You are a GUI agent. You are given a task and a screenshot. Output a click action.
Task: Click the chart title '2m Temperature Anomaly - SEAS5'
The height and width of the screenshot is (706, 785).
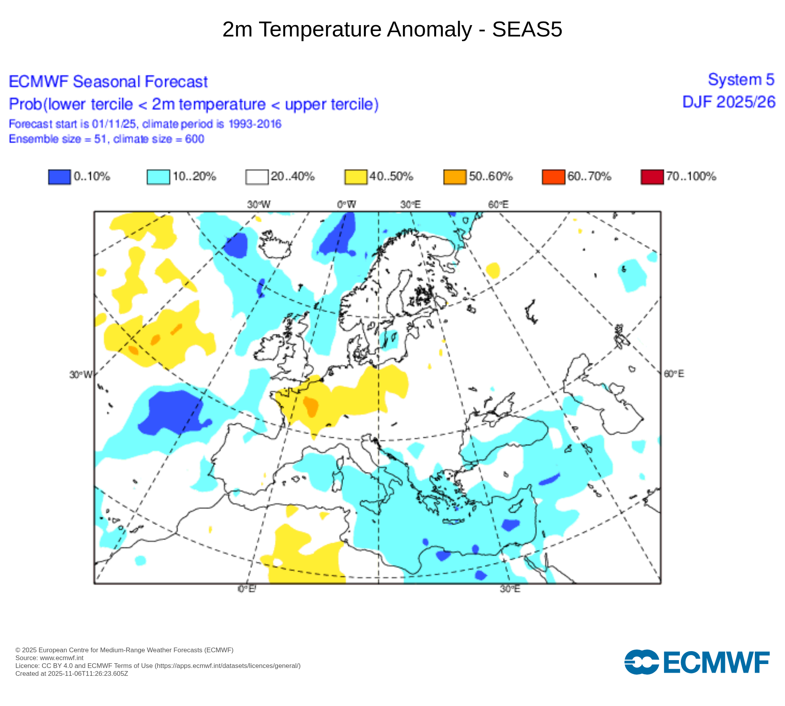(392, 29)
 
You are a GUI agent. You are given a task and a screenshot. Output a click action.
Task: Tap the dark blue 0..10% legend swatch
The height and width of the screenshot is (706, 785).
(59, 176)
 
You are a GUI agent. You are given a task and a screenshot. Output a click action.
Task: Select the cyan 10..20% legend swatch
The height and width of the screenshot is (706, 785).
(158, 176)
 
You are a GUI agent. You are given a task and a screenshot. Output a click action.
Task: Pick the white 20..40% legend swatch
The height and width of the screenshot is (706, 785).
(257, 176)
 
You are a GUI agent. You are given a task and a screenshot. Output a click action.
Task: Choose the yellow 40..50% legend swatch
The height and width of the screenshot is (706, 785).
(356, 176)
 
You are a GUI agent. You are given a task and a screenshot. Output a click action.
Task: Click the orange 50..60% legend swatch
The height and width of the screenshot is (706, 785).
(455, 176)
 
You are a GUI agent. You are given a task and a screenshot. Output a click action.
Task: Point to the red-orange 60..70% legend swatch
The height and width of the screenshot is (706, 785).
(553, 176)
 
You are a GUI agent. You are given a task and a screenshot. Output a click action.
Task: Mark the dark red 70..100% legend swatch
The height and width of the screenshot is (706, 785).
(652, 176)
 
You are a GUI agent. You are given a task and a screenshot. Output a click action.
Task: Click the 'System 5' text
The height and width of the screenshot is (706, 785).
(741, 80)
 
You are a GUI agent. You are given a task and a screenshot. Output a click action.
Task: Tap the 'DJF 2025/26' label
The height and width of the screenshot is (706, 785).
(729, 102)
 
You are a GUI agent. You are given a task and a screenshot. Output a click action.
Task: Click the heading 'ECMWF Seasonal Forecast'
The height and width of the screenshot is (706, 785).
(108, 82)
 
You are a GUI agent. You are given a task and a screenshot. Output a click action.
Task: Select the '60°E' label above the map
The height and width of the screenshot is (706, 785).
(498, 204)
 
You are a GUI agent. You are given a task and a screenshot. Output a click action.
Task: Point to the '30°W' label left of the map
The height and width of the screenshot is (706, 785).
(81, 375)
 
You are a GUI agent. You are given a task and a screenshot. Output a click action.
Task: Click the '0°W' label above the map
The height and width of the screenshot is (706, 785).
(346, 204)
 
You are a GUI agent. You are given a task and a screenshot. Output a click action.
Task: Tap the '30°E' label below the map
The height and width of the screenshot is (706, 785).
(510, 589)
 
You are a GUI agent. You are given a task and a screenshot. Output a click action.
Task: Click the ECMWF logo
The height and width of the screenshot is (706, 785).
(697, 662)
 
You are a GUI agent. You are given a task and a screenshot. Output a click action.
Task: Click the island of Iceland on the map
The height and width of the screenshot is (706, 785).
(275, 245)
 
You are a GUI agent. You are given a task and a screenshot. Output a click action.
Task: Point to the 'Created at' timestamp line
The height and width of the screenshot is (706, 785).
(72, 674)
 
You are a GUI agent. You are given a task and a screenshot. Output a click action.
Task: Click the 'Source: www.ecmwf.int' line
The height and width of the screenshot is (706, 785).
(49, 658)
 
